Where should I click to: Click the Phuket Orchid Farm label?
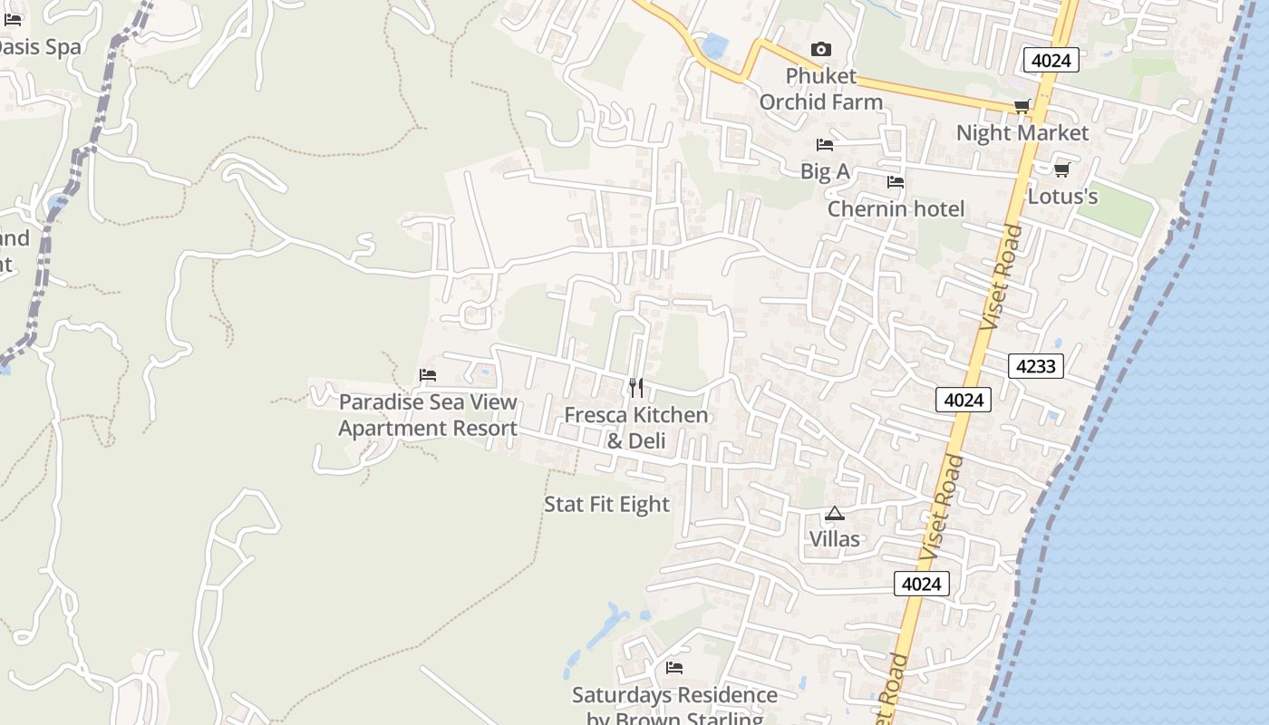click(820, 89)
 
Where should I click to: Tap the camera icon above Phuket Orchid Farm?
click(820, 49)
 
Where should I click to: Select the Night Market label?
click(1022, 133)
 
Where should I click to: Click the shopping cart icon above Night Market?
click(1022, 106)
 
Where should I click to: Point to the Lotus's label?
click(1062, 196)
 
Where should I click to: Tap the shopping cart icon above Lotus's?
click(1061, 169)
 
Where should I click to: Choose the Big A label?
click(824, 171)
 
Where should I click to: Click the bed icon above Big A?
click(824, 144)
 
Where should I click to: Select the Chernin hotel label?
click(896, 209)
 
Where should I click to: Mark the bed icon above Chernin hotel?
click(896, 182)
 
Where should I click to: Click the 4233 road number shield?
click(1035, 366)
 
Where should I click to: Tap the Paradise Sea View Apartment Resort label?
click(428, 415)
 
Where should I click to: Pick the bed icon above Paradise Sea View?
click(428, 375)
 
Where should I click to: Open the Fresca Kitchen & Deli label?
click(635, 428)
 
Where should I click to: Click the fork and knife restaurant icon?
click(636, 388)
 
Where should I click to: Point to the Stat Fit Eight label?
click(606, 505)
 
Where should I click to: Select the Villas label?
click(834, 539)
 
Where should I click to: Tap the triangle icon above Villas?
click(835, 514)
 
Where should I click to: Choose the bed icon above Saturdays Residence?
click(674, 668)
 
